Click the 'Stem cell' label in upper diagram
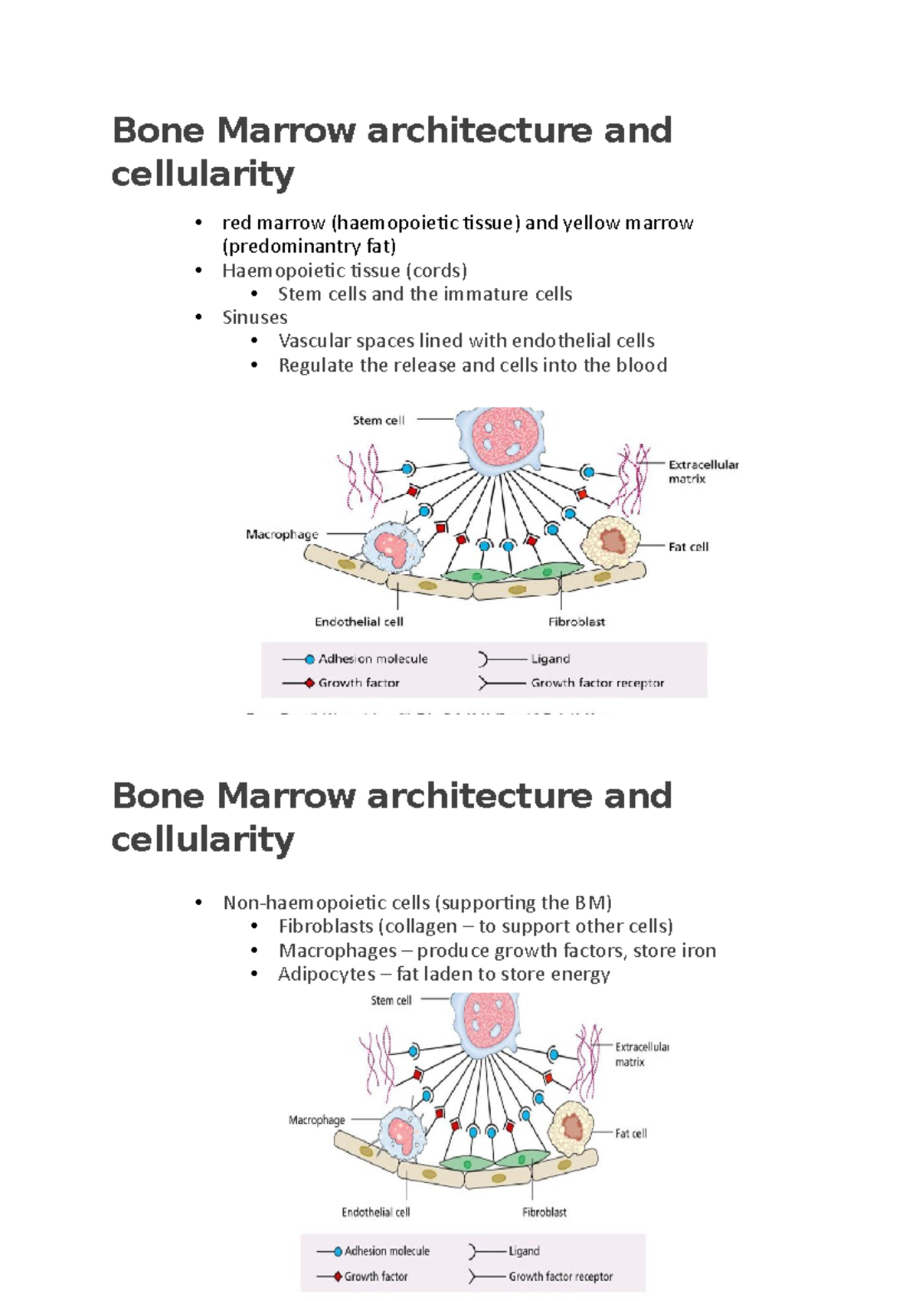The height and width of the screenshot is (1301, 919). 378,420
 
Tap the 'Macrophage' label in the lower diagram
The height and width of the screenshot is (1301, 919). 316,1119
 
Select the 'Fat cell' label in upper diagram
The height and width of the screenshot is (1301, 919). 688,546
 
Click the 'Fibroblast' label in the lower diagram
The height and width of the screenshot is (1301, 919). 544,1211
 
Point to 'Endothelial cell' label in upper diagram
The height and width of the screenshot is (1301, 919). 358,621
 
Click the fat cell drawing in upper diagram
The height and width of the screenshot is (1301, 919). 610,541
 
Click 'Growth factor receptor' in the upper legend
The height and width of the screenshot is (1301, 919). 597,683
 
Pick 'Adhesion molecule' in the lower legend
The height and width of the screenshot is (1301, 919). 387,1250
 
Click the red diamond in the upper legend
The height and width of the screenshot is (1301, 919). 309,683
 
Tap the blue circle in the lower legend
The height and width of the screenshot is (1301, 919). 338,1251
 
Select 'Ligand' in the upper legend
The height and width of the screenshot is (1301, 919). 550,659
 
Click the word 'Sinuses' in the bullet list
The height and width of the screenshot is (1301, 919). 254,317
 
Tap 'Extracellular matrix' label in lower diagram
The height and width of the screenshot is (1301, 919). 641,1054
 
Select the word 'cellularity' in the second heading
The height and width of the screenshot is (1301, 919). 202,840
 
